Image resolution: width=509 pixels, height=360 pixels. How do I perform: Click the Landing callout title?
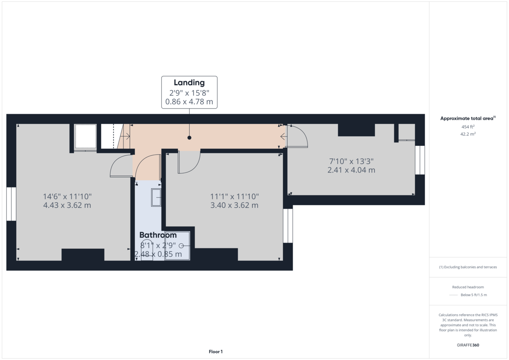click(189, 83)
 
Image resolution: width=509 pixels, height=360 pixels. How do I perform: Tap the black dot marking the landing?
click(189, 138)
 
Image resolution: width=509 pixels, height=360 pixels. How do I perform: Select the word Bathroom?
click(158, 235)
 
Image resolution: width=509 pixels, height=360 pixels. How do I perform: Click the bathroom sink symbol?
click(156, 198)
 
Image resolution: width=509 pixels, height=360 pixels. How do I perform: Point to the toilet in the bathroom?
click(147, 248)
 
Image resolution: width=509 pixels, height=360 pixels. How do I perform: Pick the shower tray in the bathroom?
click(177, 246)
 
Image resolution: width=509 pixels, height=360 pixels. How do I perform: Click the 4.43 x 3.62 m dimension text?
click(67, 206)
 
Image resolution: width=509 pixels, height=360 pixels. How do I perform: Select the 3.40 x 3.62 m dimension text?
click(234, 206)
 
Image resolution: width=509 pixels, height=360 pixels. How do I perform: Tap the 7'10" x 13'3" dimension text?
click(351, 161)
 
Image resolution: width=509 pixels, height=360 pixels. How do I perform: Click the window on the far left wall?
click(11, 204)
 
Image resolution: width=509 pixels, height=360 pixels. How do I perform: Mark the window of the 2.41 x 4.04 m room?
click(420, 160)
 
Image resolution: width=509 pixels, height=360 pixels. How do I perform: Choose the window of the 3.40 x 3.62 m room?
click(288, 226)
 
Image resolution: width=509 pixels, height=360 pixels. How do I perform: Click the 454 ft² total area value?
click(468, 127)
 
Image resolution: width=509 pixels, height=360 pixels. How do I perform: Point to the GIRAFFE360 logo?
click(467, 345)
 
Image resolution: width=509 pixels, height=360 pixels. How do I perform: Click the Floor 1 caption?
click(215, 352)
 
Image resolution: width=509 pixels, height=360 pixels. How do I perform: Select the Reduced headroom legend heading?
click(468, 287)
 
